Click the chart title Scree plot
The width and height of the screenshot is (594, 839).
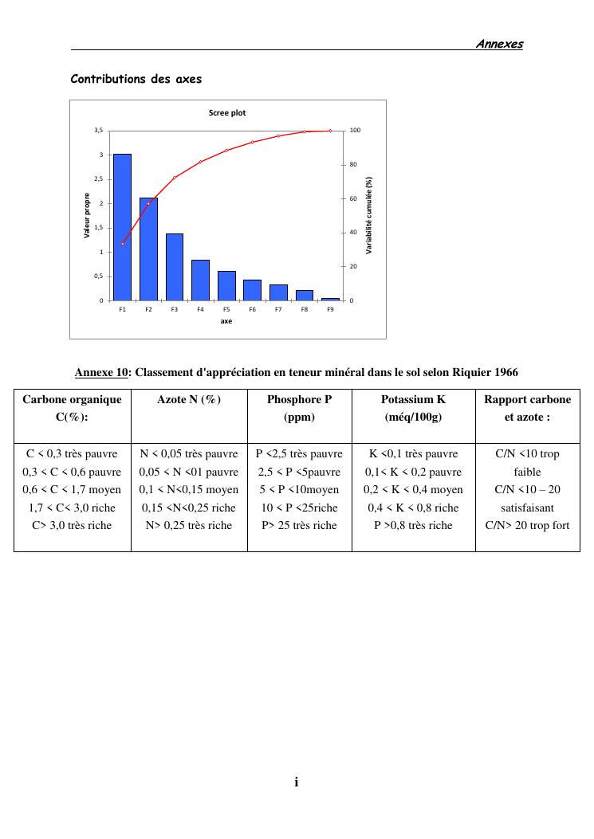[x=227, y=113]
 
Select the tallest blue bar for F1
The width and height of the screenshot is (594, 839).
[x=122, y=227]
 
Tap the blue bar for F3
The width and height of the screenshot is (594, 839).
[x=174, y=267]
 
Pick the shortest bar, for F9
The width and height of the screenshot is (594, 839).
[x=330, y=299]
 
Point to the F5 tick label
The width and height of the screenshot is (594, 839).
[x=226, y=309]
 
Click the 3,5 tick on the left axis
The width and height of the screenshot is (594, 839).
[x=98, y=131]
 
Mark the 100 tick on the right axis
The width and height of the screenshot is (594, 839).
[x=355, y=131]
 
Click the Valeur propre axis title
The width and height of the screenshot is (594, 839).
[x=87, y=215]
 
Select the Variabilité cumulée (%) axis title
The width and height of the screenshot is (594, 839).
[x=369, y=215]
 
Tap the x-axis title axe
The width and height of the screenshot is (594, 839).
[x=226, y=322]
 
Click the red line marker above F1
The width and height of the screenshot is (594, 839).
[x=123, y=244]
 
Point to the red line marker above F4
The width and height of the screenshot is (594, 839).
[x=200, y=162]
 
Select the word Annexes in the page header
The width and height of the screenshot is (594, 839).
[x=499, y=44]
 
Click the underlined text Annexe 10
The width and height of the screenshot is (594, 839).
[x=101, y=372]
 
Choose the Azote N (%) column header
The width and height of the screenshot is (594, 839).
[x=189, y=399]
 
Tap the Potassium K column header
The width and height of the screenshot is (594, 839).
[x=413, y=399]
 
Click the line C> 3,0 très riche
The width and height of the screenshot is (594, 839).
[x=73, y=525]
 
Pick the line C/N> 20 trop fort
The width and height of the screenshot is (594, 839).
[x=527, y=525]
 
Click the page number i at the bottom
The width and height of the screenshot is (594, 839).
[x=297, y=782]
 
